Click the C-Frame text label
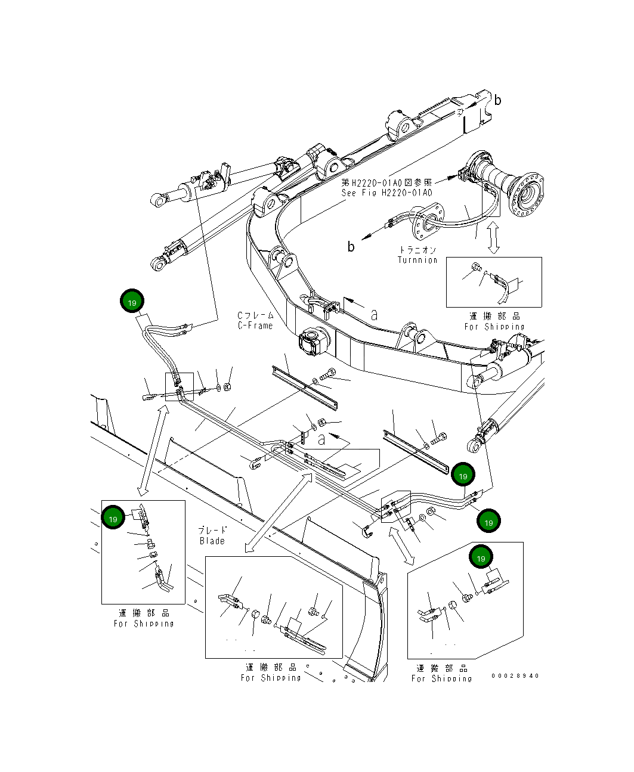pyautogui.click(x=255, y=325)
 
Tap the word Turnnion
pyautogui.click(x=417, y=260)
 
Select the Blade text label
pyautogui.click(x=212, y=541)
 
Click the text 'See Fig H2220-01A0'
pyautogui.click(x=386, y=193)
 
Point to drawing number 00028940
pyautogui.click(x=515, y=675)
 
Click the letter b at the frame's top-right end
pyautogui.click(x=497, y=100)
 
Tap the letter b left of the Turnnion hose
pyautogui.click(x=351, y=246)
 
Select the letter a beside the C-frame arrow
pyautogui.click(x=374, y=315)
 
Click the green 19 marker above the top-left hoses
pyautogui.click(x=132, y=302)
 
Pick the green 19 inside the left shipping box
pyautogui.click(x=113, y=519)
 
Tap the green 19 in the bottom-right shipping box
pyautogui.click(x=481, y=557)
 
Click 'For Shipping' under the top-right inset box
pyautogui.click(x=494, y=327)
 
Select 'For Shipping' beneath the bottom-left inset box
pyautogui.click(x=144, y=624)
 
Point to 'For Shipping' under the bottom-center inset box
pyautogui.click(x=271, y=678)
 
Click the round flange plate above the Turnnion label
pyautogui.click(x=426, y=219)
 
